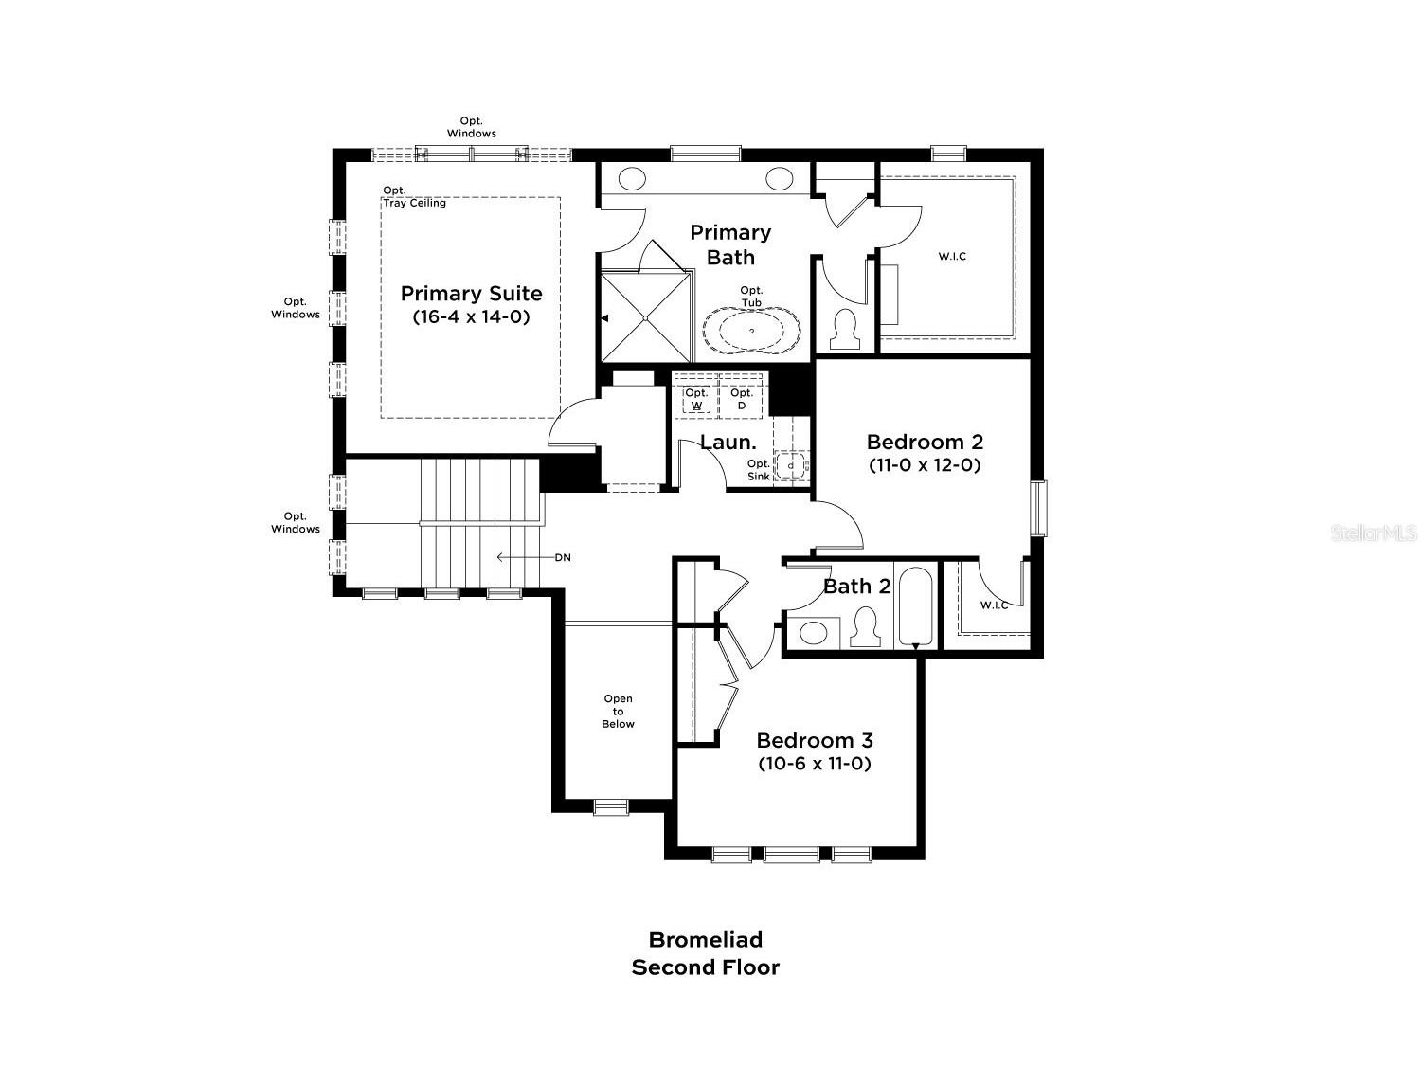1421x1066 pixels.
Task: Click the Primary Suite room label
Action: pyautogui.click(x=471, y=293)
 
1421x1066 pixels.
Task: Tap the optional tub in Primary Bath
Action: pyautogui.click(x=751, y=330)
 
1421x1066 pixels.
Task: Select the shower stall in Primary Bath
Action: pyautogui.click(x=646, y=317)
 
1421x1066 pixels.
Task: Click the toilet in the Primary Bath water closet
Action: pyautogui.click(x=845, y=330)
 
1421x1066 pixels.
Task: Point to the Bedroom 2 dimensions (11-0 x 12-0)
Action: pyautogui.click(x=925, y=465)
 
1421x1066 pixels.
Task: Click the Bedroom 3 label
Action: pyautogui.click(x=815, y=740)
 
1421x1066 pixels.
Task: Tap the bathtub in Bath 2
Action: pyautogui.click(x=915, y=607)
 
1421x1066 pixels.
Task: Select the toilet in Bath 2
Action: pyautogui.click(x=865, y=626)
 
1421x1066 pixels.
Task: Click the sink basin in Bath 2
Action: pyautogui.click(x=813, y=633)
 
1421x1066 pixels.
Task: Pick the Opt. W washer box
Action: pyautogui.click(x=696, y=399)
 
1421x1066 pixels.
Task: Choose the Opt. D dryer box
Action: pyautogui.click(x=741, y=399)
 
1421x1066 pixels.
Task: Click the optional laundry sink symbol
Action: pyautogui.click(x=790, y=465)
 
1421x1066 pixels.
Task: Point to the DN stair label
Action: pyautogui.click(x=563, y=557)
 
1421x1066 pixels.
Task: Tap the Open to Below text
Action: pyautogui.click(x=618, y=712)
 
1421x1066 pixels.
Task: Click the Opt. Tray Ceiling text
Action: pyautogui.click(x=414, y=197)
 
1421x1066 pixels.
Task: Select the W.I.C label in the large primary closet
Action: pyautogui.click(x=952, y=256)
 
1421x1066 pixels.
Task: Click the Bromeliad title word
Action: pyautogui.click(x=706, y=939)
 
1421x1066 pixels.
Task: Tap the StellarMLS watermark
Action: pyautogui.click(x=1373, y=533)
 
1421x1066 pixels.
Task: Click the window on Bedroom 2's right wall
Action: pyautogui.click(x=1037, y=508)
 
